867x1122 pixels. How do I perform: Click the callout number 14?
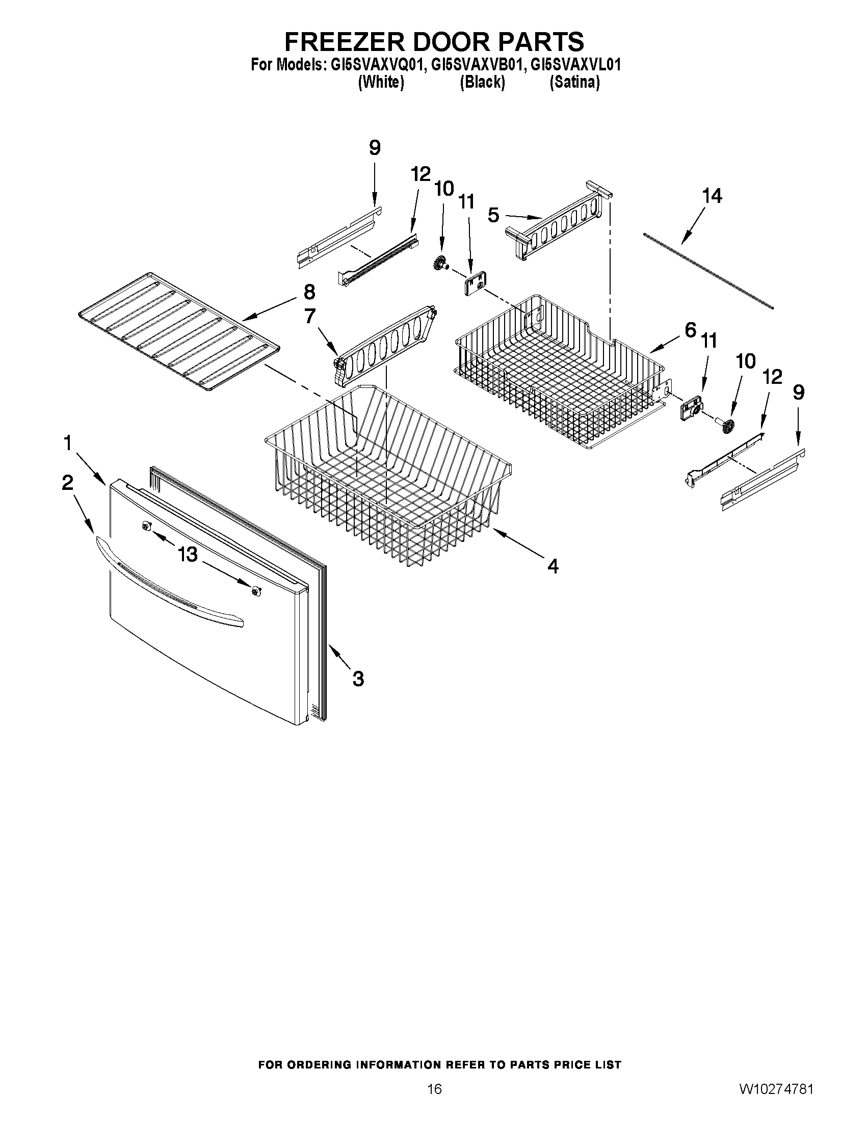[x=712, y=196]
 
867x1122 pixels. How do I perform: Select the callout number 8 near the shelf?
[x=309, y=292]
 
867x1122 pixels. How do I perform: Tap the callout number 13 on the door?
[x=188, y=554]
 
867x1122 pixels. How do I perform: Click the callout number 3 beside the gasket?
[x=358, y=679]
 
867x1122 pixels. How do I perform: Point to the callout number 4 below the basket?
[x=553, y=566]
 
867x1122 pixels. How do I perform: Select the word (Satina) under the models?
[x=574, y=82]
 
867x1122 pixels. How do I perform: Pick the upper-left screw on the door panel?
[x=147, y=525]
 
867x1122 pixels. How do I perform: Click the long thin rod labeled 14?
[x=708, y=270]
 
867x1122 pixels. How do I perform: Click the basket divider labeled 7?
[x=385, y=344]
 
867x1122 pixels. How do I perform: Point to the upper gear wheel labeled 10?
[x=440, y=263]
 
